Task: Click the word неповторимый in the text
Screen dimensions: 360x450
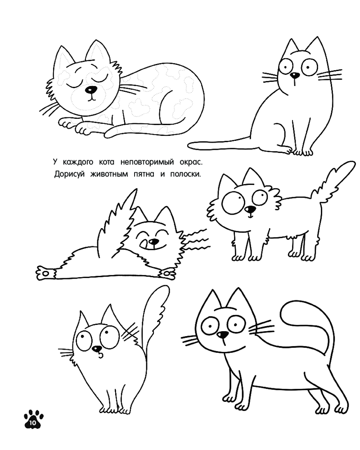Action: point(147,162)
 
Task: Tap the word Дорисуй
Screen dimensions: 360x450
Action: point(69,174)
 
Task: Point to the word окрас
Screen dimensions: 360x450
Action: point(191,162)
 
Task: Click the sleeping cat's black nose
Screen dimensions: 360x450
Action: point(91,90)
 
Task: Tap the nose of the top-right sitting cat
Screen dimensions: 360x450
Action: point(295,76)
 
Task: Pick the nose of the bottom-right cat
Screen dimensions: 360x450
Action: point(222,335)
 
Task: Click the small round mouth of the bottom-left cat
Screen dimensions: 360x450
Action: point(100,355)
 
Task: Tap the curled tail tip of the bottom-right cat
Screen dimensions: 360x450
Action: point(284,313)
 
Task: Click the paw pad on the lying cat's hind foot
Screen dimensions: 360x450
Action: point(45,273)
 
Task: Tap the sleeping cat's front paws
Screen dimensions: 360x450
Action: point(75,126)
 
